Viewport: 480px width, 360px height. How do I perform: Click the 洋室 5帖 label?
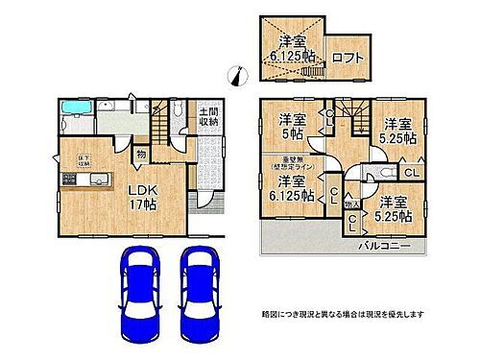pos(292,128)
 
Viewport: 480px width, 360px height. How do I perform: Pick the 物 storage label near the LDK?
pos(141,152)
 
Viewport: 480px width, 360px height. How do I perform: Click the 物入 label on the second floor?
pos(352,204)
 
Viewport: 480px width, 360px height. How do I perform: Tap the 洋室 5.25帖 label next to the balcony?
pos(395,209)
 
